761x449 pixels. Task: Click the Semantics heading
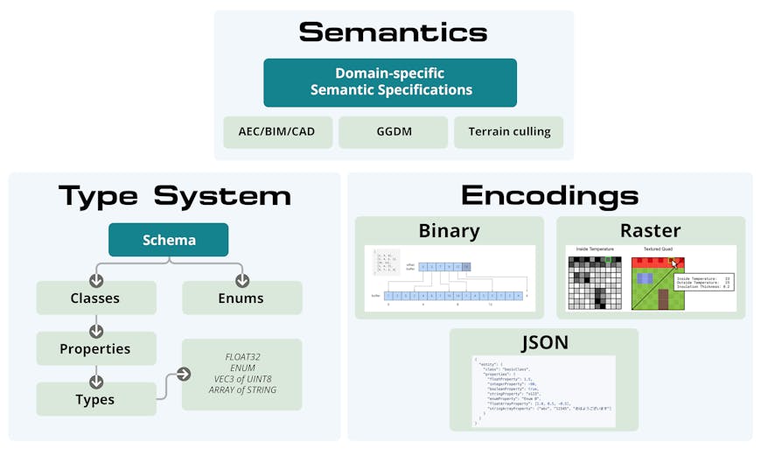(x=393, y=32)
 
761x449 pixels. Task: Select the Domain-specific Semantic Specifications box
(x=390, y=82)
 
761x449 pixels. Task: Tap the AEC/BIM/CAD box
(x=276, y=132)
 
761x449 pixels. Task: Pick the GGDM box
(x=393, y=132)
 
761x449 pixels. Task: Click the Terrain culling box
(x=509, y=132)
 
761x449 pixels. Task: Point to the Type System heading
(x=174, y=195)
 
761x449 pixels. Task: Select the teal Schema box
(x=168, y=240)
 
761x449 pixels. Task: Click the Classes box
(x=95, y=298)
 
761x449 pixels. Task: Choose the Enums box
(x=241, y=298)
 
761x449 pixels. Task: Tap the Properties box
(x=95, y=348)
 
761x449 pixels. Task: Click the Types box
(x=95, y=399)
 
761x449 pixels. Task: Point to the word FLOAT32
(x=242, y=357)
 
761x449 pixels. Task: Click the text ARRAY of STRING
(x=242, y=390)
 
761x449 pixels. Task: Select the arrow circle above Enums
(x=241, y=281)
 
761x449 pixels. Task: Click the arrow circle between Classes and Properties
(x=96, y=332)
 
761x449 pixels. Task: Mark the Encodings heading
(x=549, y=195)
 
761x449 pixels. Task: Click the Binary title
(x=449, y=231)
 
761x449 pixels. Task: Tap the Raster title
(x=650, y=231)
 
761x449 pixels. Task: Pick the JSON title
(x=543, y=342)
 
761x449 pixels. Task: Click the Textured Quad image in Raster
(x=658, y=283)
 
